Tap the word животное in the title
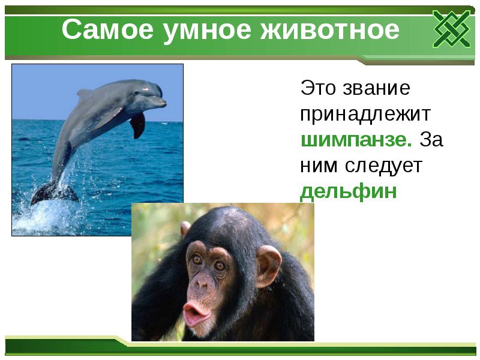click(329, 30)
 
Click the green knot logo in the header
click(451, 29)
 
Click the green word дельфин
click(349, 191)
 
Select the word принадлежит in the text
click(365, 114)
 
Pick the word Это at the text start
click(319, 88)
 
